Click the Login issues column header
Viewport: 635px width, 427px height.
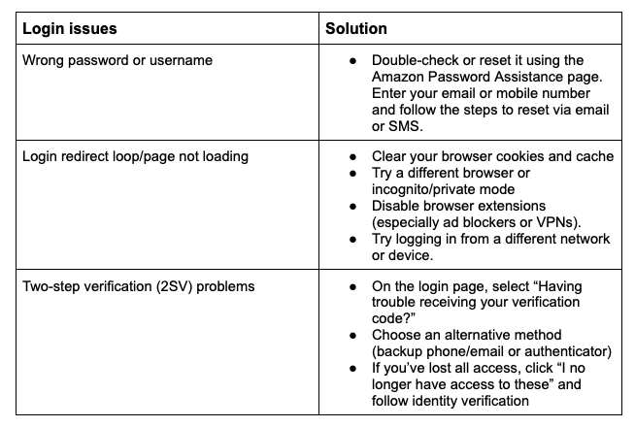point(70,29)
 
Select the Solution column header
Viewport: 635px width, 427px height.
point(356,29)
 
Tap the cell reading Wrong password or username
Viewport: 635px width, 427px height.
point(117,60)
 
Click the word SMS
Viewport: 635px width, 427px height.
point(406,126)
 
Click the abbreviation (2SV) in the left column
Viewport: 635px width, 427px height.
point(174,286)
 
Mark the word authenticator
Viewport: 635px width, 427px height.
point(568,351)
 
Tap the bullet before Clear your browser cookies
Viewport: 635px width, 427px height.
point(353,157)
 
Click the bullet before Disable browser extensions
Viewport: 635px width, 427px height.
point(353,207)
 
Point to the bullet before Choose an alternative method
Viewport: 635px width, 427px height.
point(353,336)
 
